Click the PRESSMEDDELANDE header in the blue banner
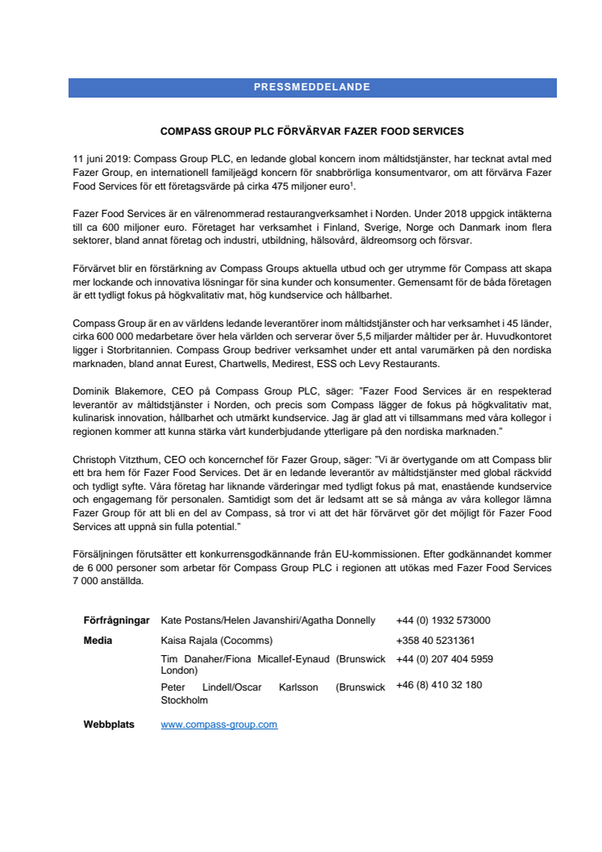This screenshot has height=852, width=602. tap(312, 87)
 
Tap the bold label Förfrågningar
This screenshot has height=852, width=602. tap(116, 620)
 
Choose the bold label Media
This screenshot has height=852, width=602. tap(98, 641)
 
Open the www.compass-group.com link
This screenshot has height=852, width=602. tap(219, 725)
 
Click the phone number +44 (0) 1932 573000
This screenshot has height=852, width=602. tap(443, 620)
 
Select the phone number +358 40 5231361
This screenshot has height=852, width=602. tap(435, 641)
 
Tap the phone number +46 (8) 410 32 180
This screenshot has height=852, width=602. tap(439, 685)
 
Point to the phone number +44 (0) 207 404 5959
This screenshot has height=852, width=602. tap(445, 659)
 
